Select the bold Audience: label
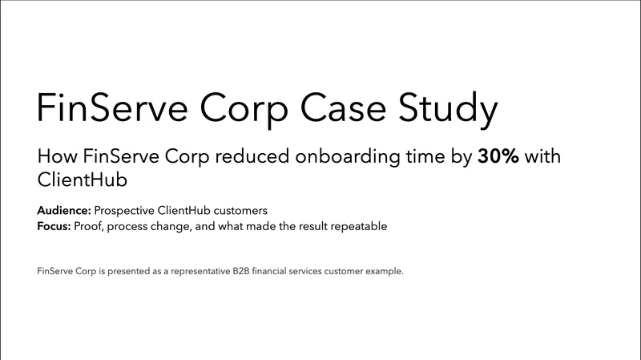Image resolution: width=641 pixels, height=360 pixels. (x=64, y=210)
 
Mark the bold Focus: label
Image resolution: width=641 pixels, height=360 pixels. (x=54, y=226)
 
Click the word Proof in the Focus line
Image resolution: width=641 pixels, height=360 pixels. (x=87, y=226)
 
